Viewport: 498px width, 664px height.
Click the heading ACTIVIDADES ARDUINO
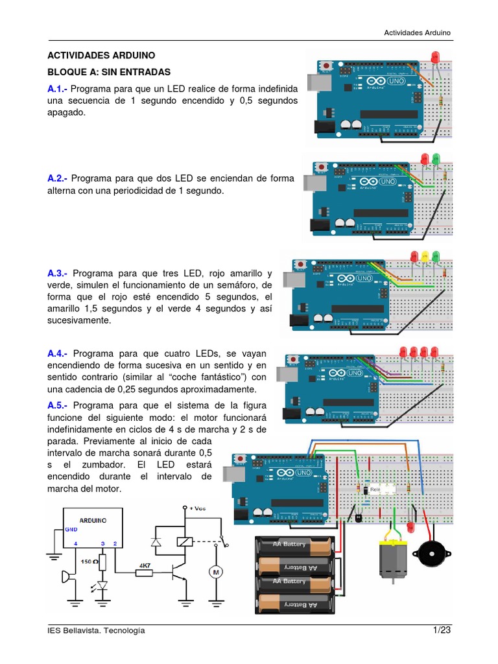coord(101,56)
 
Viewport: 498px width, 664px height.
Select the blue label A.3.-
coord(60,274)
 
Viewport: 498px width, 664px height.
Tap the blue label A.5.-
coord(60,406)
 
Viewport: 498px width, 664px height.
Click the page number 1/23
coord(442,630)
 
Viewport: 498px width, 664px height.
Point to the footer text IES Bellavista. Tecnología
coord(96,631)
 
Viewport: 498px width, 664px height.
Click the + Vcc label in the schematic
coord(197,508)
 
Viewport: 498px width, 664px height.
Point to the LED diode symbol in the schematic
coord(102,586)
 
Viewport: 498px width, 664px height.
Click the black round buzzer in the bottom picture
coord(430,553)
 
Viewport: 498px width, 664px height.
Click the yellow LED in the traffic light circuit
coord(425,256)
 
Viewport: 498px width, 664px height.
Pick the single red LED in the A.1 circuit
coord(434,60)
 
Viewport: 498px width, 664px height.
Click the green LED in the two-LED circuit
coord(436,158)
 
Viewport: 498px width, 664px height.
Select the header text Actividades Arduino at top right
coord(417,32)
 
